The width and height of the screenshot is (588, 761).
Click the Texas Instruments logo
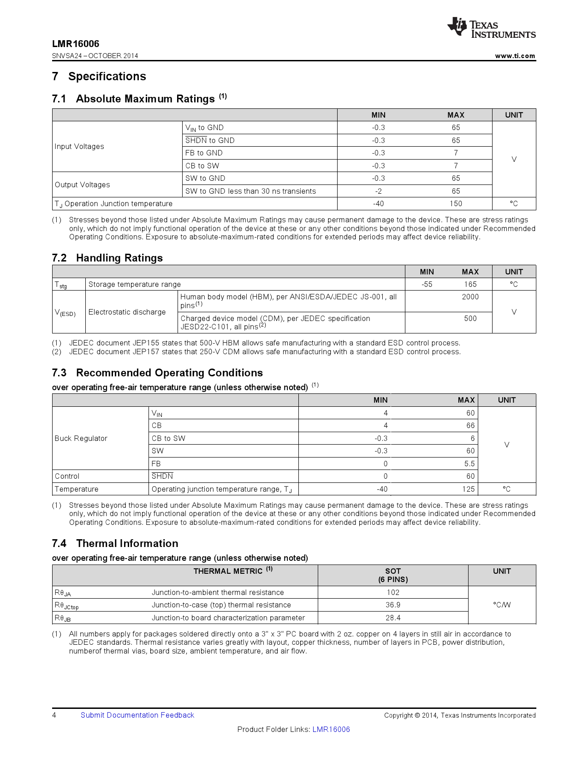click(x=491, y=28)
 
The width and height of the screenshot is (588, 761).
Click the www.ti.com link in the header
click(x=515, y=56)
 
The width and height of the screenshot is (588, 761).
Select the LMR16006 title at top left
click(x=76, y=44)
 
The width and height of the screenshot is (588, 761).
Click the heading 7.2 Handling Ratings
click(x=107, y=258)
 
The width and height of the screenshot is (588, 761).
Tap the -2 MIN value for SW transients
click(x=378, y=191)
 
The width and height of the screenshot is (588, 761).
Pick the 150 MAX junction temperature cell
click(x=456, y=203)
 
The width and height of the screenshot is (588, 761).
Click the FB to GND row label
click(x=204, y=153)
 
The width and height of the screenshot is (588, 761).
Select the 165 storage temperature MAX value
click(x=470, y=284)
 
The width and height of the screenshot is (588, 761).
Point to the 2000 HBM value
click(x=470, y=297)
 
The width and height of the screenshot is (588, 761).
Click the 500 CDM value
click(x=470, y=318)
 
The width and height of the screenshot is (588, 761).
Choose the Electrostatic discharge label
click(x=127, y=312)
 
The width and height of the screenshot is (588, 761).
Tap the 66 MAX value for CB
click(x=470, y=425)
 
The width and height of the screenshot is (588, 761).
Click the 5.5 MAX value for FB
click(x=469, y=464)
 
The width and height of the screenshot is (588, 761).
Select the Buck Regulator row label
click(x=81, y=438)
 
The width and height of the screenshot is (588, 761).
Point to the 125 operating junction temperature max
click(x=468, y=489)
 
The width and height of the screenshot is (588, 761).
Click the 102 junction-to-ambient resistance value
click(x=393, y=592)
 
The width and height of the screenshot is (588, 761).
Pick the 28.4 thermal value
click(x=393, y=618)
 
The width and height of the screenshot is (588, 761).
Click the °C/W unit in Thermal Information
click(x=502, y=605)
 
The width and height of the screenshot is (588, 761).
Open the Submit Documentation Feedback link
click(x=137, y=715)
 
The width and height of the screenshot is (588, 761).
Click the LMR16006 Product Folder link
click(x=331, y=729)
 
